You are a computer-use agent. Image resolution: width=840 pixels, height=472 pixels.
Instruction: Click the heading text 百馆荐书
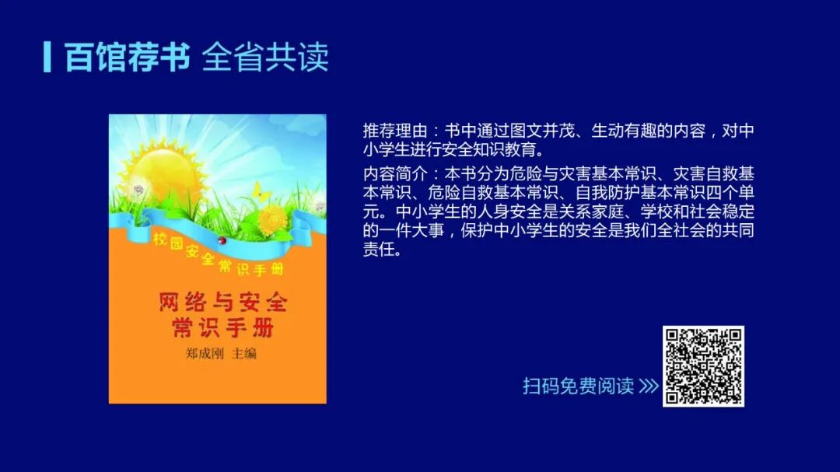(128, 57)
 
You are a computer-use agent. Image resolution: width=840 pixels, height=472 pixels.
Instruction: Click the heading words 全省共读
(265, 57)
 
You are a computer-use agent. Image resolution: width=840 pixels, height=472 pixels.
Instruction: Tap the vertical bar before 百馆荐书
(47, 57)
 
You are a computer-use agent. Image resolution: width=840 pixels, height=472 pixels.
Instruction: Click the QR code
(703, 366)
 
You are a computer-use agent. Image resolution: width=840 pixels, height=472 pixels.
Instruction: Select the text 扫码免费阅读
(578, 386)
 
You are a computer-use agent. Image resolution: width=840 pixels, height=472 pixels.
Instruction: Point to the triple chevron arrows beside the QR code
(649, 386)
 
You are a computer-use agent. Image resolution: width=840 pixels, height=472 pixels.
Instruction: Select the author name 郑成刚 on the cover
(205, 354)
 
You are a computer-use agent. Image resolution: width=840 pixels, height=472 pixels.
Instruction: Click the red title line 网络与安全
(223, 301)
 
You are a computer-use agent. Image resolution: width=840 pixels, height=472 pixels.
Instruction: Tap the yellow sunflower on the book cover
(273, 220)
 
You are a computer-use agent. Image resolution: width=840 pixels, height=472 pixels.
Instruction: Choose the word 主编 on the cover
(243, 354)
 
